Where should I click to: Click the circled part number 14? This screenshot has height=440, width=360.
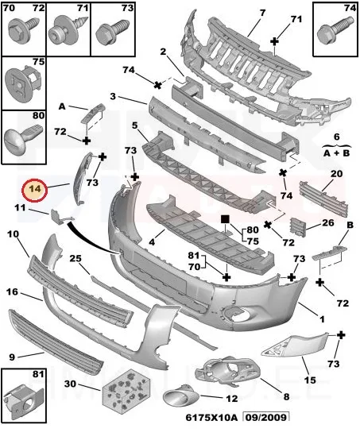coord(35,190)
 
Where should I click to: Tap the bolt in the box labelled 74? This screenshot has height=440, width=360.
coord(335,31)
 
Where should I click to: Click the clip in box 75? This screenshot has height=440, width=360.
coord(24,81)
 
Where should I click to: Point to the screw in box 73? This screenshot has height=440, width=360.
coord(112,31)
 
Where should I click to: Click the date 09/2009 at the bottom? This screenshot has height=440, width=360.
coord(265,417)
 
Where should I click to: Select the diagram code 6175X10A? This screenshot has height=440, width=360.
coord(211,417)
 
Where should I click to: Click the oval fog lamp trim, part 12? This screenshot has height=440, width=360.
coord(180,396)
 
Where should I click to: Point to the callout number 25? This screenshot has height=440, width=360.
coord(75,258)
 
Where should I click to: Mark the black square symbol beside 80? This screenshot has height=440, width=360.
coord(225,219)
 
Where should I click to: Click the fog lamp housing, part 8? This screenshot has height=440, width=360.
coord(231,371)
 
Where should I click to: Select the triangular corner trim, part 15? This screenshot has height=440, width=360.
coord(295,345)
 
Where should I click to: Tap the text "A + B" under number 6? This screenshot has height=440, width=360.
coord(336,153)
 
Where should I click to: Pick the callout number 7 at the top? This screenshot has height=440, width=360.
coord(262,13)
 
